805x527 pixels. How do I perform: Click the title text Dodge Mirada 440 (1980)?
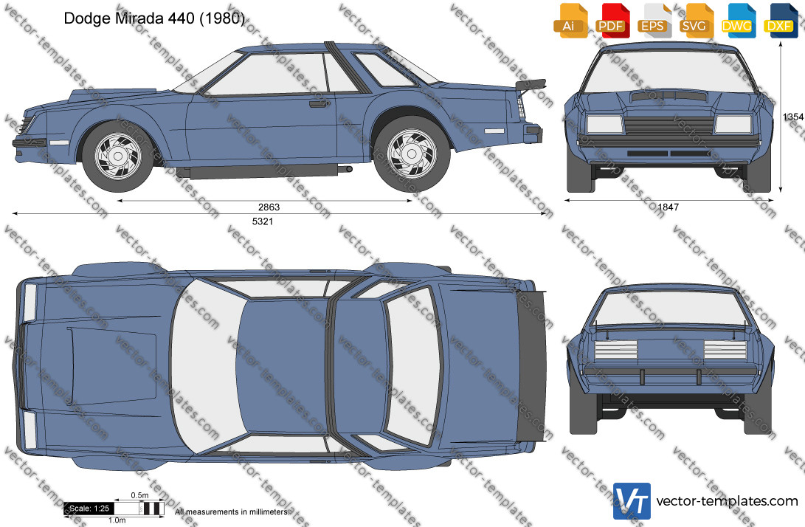154,18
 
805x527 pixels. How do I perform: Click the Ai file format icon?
570,21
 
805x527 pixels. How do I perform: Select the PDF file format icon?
612,21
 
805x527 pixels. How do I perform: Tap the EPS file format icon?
653,21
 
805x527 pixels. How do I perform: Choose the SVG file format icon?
694,21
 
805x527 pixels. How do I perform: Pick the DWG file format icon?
737,21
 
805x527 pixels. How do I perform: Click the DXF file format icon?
781,21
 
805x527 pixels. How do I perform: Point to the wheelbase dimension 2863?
269,207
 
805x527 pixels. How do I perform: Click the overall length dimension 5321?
263,221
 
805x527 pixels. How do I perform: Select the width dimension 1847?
668,207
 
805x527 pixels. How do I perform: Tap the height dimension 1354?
793,117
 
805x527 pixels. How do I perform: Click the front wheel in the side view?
117,156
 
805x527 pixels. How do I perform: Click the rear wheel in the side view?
411,154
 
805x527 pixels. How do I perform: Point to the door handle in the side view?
319,104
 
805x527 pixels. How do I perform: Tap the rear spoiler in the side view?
531,86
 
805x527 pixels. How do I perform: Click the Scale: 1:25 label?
89,509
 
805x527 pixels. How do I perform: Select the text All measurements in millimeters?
232,512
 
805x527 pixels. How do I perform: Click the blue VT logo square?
632,501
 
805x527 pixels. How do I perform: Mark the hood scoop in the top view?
112,364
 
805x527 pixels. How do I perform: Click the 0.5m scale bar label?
139,496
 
